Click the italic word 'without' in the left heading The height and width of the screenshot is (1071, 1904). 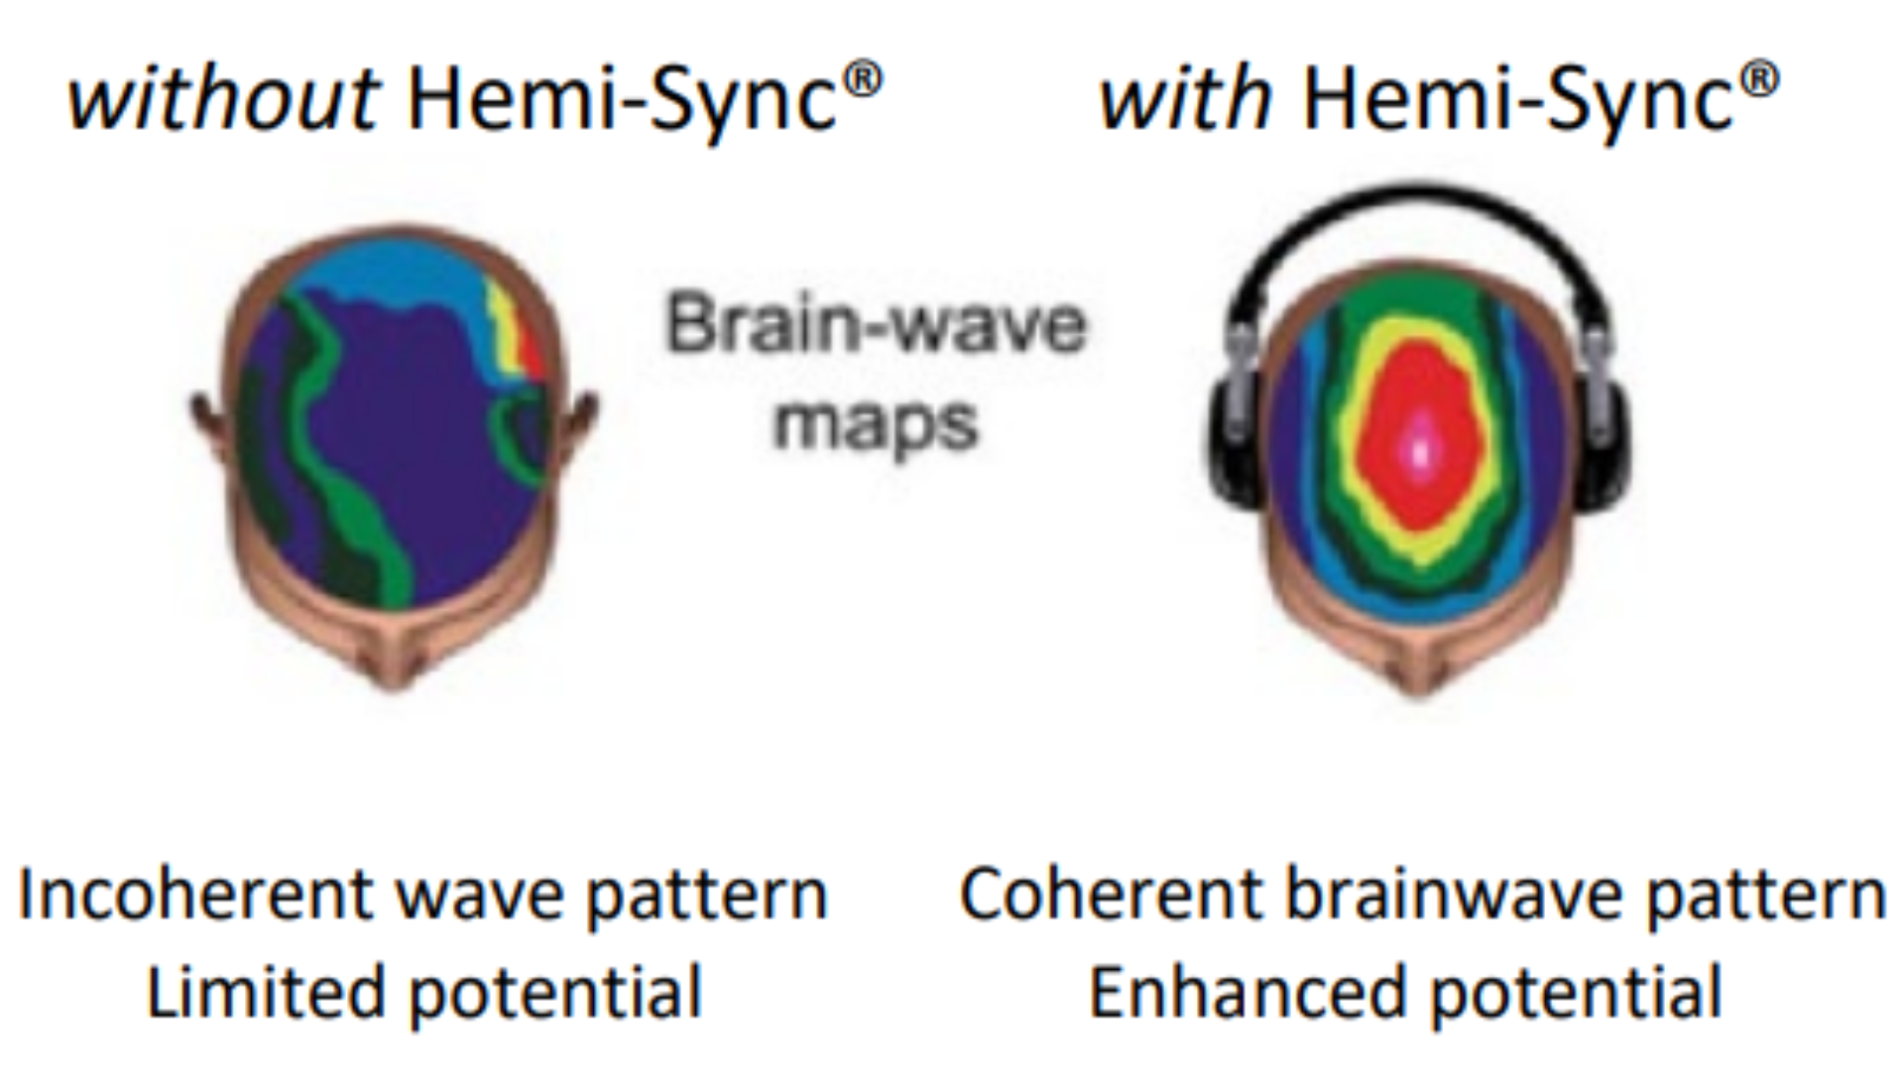(x=223, y=99)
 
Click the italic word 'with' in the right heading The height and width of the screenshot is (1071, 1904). (x=1185, y=99)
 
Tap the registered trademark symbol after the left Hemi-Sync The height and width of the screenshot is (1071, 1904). (x=865, y=79)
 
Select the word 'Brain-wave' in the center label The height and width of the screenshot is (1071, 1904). (x=877, y=325)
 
